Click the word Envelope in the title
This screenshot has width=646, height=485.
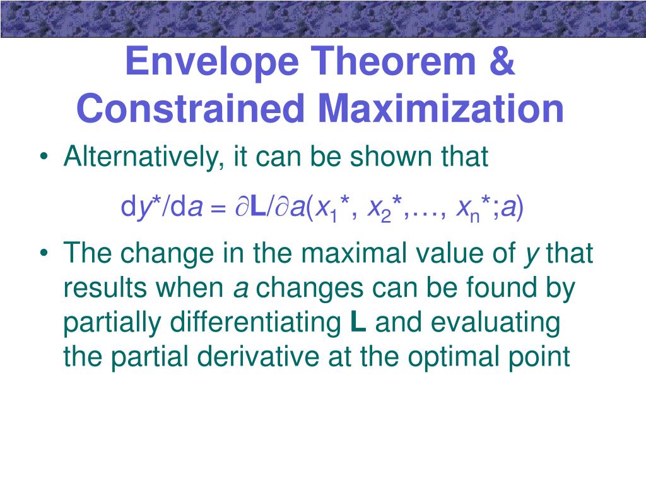212,62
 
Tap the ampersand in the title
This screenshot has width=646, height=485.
502,61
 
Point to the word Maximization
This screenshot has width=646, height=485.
441,108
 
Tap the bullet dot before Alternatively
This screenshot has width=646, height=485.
44,157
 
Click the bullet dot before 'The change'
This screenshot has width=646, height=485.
44,253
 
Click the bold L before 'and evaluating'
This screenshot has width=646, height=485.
358,322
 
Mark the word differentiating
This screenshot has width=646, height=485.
256,323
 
